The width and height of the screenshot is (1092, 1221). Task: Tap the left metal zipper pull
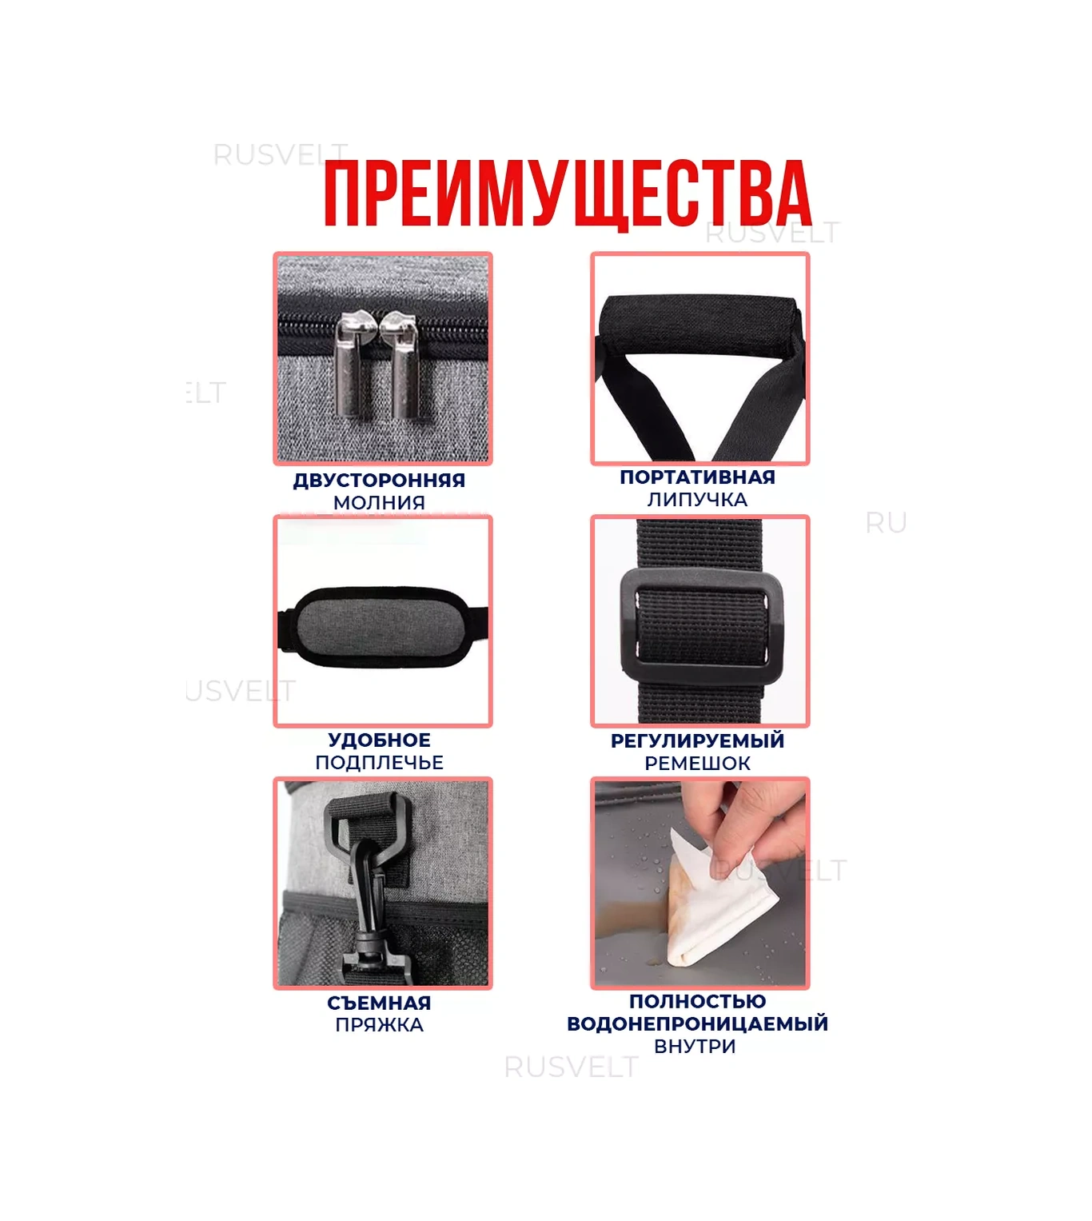tap(354, 363)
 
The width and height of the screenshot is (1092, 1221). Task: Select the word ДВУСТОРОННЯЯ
tap(379, 481)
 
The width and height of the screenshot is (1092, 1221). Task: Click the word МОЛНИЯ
tap(379, 502)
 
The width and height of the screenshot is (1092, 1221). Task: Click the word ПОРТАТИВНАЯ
tap(697, 477)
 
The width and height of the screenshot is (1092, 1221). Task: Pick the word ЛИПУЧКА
tap(697, 500)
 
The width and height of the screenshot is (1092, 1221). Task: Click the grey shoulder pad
tap(383, 628)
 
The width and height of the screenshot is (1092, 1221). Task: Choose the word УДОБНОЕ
tap(379, 740)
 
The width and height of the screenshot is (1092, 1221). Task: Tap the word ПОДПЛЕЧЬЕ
tap(379, 762)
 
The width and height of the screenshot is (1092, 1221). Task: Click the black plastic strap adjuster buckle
tap(701, 627)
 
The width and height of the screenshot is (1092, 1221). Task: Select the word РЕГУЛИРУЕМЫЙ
tap(697, 740)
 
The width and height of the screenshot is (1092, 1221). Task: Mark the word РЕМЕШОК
tap(697, 764)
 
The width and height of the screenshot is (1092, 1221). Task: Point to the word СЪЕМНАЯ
tap(379, 1004)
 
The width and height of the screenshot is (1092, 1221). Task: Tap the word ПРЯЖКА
tap(379, 1024)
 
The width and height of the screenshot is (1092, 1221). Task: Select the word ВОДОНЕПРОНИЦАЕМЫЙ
tap(697, 1023)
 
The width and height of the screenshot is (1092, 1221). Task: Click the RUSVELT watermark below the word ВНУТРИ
tap(571, 1067)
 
